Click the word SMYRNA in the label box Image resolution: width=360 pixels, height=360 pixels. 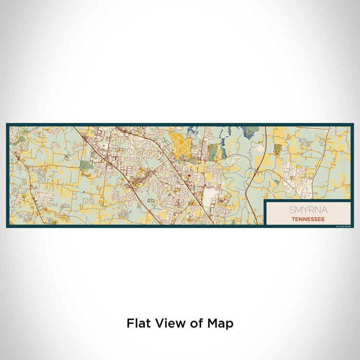click(x=308, y=210)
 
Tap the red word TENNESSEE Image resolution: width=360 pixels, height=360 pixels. click(x=308, y=219)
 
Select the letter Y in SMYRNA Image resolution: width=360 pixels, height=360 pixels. click(x=305, y=210)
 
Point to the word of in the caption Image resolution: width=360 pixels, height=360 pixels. click(x=194, y=323)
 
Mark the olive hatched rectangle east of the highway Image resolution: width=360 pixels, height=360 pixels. click(x=278, y=149)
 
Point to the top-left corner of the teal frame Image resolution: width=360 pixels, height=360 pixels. click(x=7, y=124)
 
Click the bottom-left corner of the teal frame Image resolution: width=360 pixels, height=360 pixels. click(x=7, y=227)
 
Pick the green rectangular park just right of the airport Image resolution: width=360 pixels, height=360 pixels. click(x=212, y=151)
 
